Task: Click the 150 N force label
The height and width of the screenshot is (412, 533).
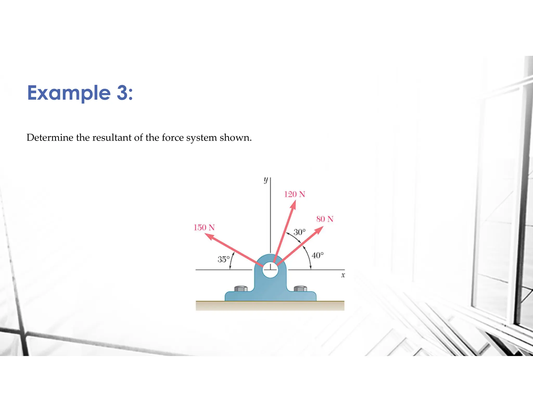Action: tap(204, 227)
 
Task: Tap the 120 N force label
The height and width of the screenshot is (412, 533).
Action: tap(294, 194)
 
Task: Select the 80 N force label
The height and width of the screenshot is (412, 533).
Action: tap(325, 219)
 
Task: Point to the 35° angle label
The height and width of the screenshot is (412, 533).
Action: tap(224, 259)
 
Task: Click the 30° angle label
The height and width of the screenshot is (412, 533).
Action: tap(299, 232)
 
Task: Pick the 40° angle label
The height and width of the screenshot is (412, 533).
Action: tap(318, 255)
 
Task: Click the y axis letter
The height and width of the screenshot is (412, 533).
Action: tap(265, 180)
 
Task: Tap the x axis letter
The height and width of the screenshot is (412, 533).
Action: tap(343, 275)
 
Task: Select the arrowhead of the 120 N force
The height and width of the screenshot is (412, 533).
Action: tap(293, 205)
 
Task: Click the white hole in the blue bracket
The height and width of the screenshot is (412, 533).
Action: tap(270, 270)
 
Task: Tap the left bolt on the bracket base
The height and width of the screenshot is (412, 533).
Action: tap(241, 289)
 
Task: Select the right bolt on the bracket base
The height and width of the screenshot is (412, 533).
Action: tap(300, 289)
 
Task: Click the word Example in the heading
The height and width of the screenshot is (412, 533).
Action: tap(69, 93)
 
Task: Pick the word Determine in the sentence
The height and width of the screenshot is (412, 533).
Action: tap(50, 138)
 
